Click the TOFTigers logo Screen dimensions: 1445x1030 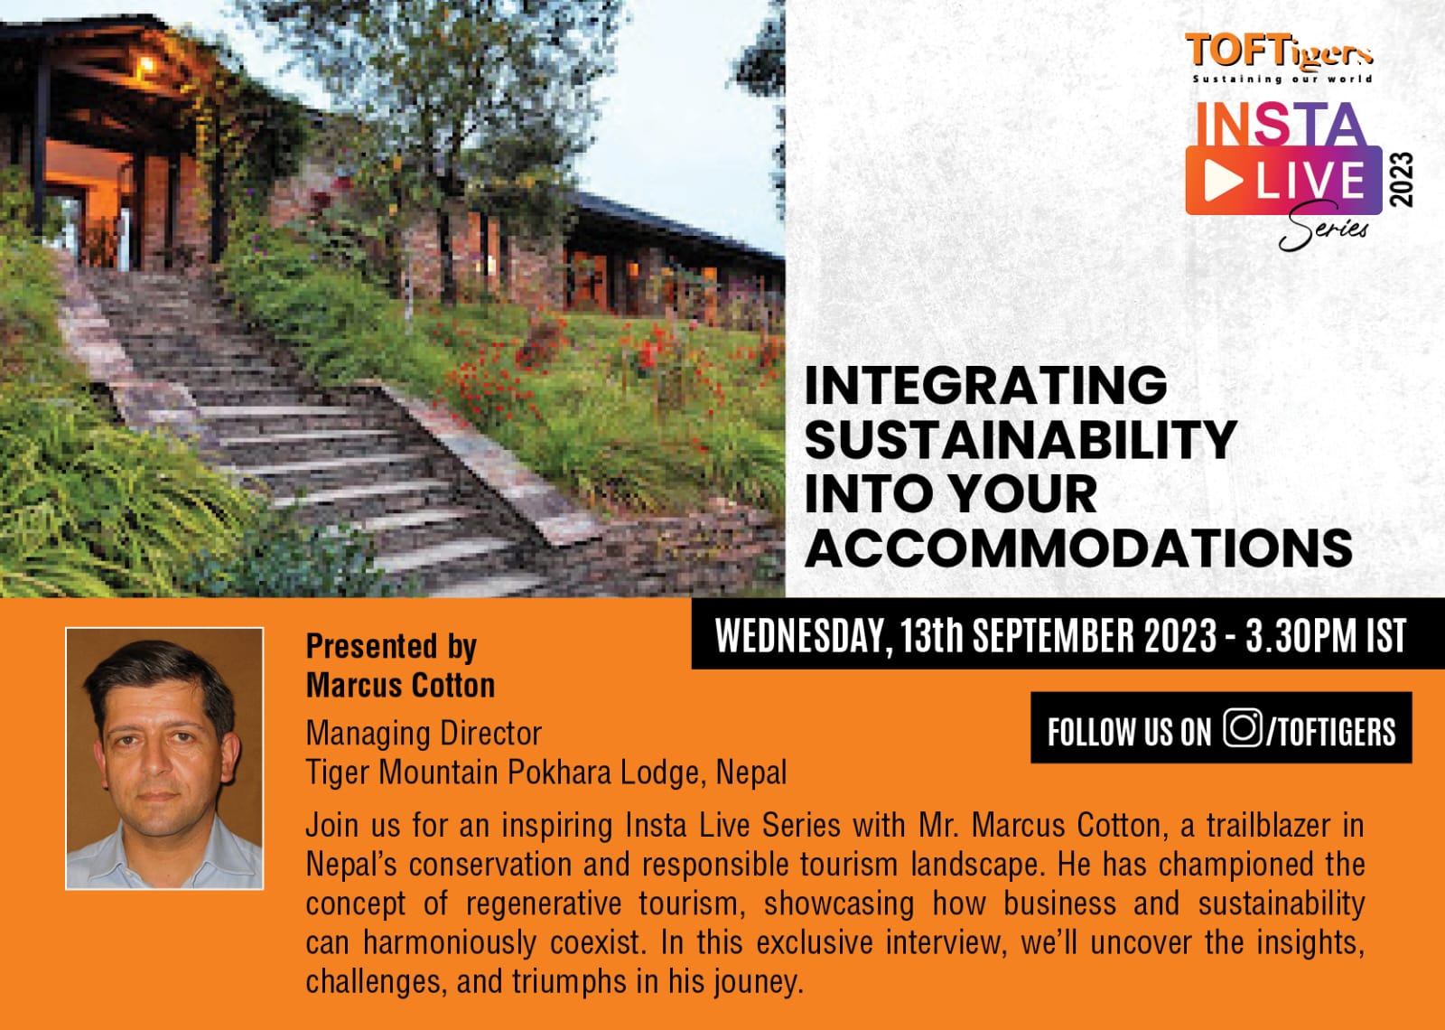pyautogui.click(x=1279, y=58)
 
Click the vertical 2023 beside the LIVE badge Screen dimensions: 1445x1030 pyautogui.click(x=1401, y=180)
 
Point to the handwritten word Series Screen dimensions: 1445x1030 pyautogui.click(x=1322, y=227)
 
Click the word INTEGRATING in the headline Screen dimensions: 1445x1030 pyautogui.click(x=985, y=385)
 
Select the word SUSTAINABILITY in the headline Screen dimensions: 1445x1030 pyautogui.click(x=1021, y=439)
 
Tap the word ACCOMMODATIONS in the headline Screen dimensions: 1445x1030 pyautogui.click(x=1078, y=548)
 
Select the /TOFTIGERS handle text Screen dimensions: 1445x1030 pyautogui.click(x=1331, y=731)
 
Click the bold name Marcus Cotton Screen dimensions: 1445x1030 pyautogui.click(x=400, y=685)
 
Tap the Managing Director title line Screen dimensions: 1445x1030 pyautogui.click(x=424, y=733)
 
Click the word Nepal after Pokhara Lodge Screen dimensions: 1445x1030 pyautogui.click(x=751, y=772)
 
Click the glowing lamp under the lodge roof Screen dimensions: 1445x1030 pyautogui.click(x=145, y=64)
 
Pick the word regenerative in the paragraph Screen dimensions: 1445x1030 pyautogui.click(x=543, y=904)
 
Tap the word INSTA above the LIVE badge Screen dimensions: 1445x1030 pyautogui.click(x=1280, y=123)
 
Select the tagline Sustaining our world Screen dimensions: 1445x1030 pyautogui.click(x=1282, y=79)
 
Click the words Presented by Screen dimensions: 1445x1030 pyautogui.click(x=391, y=646)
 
